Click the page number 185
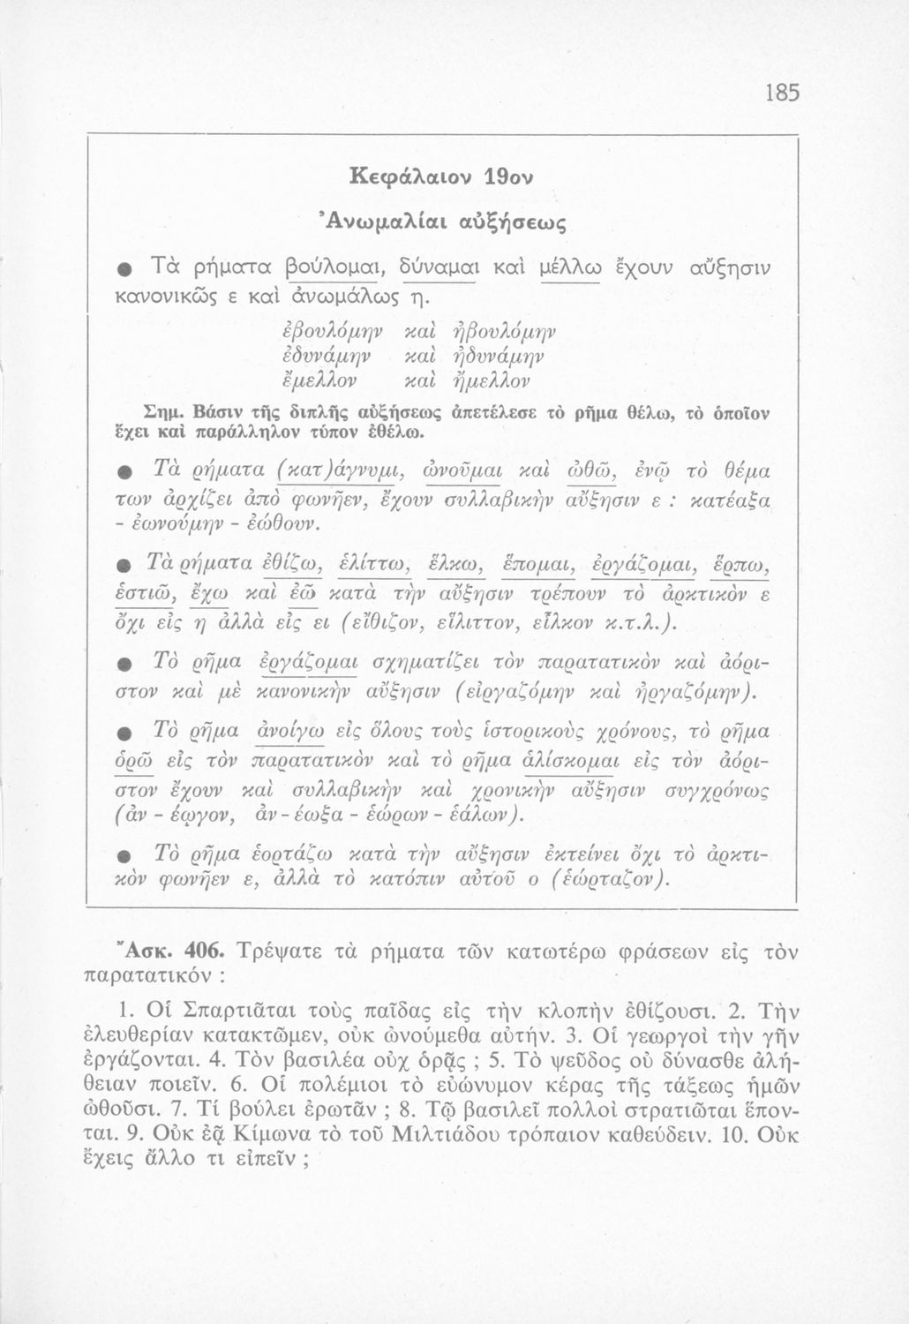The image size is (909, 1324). [x=782, y=92]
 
